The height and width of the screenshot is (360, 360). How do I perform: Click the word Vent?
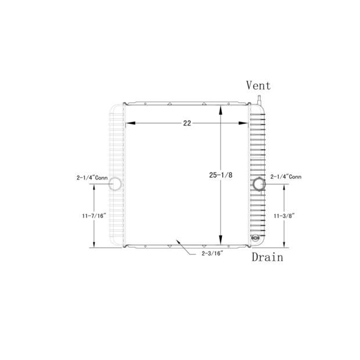258,85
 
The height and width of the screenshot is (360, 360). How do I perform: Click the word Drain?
267,257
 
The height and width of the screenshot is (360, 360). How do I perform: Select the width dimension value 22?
187,123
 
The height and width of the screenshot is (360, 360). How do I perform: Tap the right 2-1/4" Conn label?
286,177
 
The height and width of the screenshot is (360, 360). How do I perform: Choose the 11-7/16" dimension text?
94,215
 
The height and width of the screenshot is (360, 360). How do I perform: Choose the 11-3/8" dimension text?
285,215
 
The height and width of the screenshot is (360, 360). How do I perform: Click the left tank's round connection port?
116,184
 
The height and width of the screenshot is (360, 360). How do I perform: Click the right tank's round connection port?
258,184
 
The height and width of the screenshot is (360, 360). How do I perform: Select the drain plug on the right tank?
254,238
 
